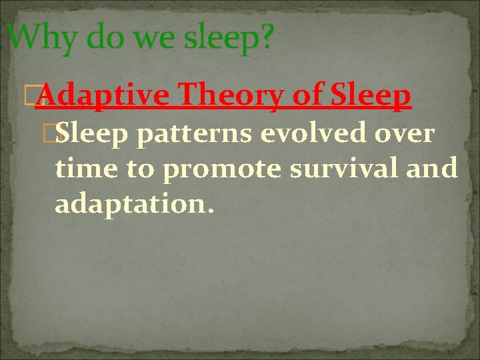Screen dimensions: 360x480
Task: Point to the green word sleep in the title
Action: [228, 38]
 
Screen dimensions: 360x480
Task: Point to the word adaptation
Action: [134, 205]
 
